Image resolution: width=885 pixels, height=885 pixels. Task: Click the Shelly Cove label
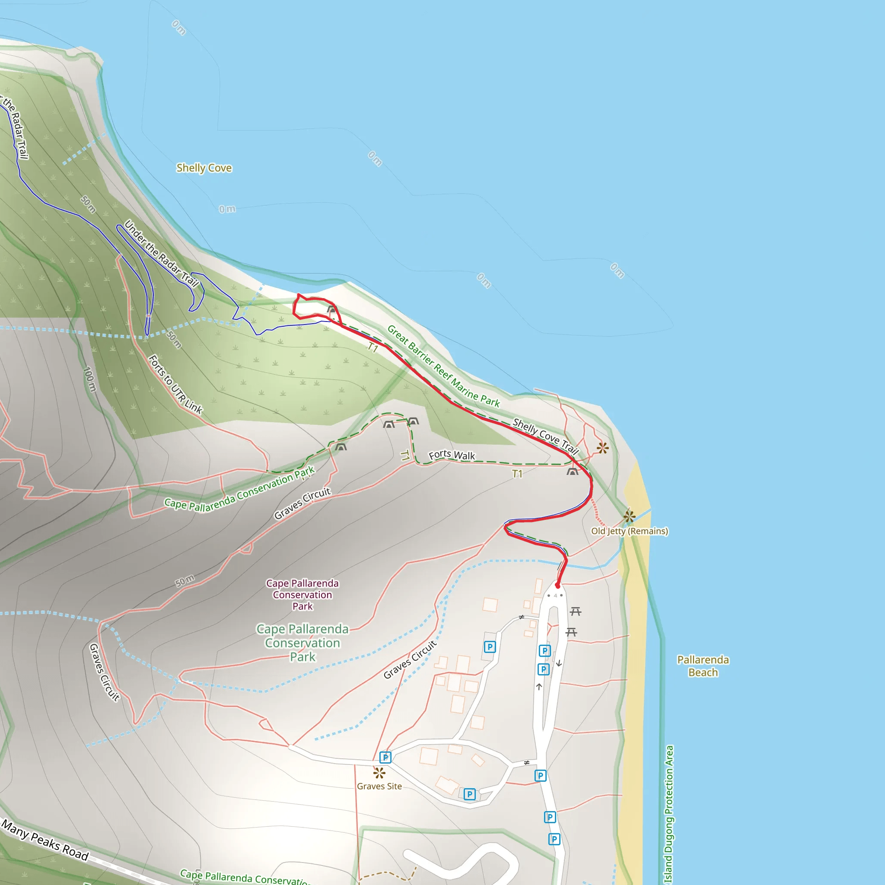tap(204, 168)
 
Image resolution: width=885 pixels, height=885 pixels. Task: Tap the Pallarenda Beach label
tap(703, 665)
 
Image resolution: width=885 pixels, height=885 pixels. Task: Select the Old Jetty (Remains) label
tap(629, 531)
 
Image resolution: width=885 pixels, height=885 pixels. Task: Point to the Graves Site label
tap(379, 786)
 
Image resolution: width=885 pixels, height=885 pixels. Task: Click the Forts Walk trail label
tap(452, 455)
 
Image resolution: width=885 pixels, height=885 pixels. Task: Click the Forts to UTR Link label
tap(175, 385)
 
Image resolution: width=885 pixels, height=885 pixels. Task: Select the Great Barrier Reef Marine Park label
tap(443, 366)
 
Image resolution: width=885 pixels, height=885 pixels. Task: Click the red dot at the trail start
tap(557, 586)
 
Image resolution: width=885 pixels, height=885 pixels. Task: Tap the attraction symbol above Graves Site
tap(379, 773)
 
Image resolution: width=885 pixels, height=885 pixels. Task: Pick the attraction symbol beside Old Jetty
tap(629, 517)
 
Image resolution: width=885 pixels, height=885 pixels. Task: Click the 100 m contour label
tap(90, 379)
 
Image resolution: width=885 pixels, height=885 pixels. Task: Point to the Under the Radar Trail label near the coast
tap(161, 253)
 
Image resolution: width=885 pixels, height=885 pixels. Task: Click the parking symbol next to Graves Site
tap(385, 757)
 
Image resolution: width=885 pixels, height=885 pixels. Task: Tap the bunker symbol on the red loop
tap(331, 310)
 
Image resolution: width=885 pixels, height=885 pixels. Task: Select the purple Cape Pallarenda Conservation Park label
tap(302, 595)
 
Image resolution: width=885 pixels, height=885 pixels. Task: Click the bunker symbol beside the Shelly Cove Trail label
tap(572, 472)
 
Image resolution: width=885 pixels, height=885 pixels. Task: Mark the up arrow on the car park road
tap(539, 687)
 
